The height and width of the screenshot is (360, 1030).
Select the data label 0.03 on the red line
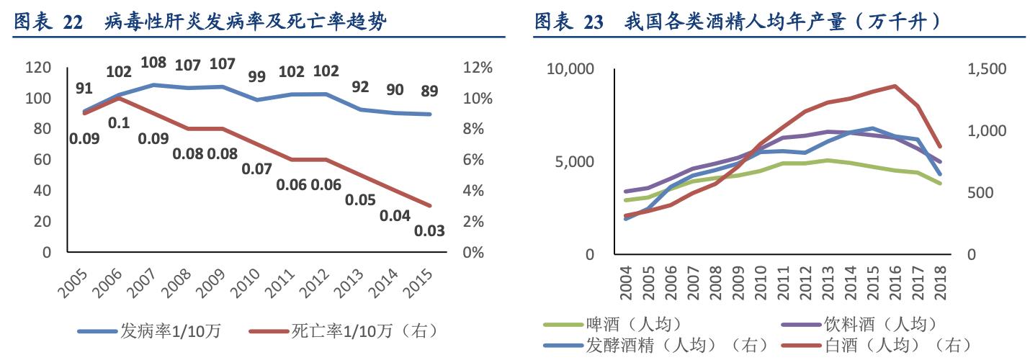[x=429, y=231]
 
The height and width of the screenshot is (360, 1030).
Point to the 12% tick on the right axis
[x=477, y=68]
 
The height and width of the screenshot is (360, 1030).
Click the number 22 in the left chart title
[x=73, y=22]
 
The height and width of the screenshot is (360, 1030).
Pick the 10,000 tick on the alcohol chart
[x=570, y=69]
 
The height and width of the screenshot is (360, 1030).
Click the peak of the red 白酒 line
[x=895, y=86]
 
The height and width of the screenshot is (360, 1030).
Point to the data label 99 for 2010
[x=256, y=76]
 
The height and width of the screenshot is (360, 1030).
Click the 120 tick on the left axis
[x=38, y=68]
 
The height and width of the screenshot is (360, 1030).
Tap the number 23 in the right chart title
[x=593, y=22]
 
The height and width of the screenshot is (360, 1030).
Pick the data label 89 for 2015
[x=429, y=91]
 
